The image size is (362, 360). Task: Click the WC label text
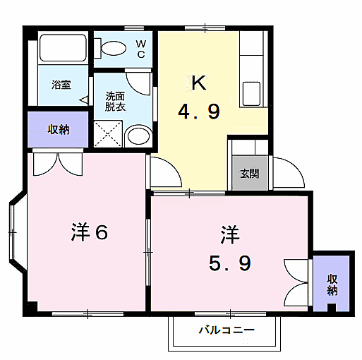(x=140, y=49)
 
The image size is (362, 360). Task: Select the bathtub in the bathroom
(x=62, y=49)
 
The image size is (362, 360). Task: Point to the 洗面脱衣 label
(x=116, y=102)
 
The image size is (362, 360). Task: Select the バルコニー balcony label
(x=226, y=330)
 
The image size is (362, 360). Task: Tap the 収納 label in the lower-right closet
(x=332, y=284)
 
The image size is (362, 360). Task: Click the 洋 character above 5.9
(x=230, y=233)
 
